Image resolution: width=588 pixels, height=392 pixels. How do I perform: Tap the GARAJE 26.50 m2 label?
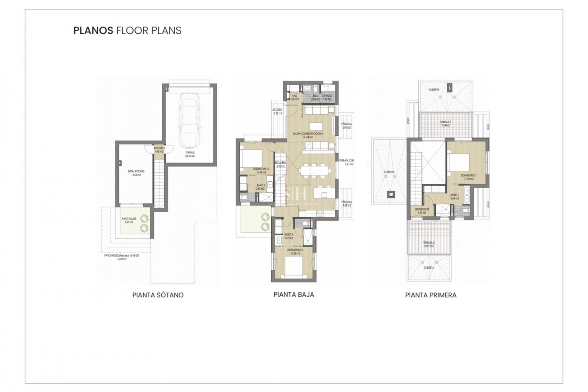190,154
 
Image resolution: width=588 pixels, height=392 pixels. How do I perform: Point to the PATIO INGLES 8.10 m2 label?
129,221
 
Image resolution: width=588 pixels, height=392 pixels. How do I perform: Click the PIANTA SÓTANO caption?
158,295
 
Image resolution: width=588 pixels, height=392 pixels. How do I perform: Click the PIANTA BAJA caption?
294,294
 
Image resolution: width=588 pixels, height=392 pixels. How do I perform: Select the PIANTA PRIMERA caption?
431,295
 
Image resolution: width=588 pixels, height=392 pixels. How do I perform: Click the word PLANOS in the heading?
93,31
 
